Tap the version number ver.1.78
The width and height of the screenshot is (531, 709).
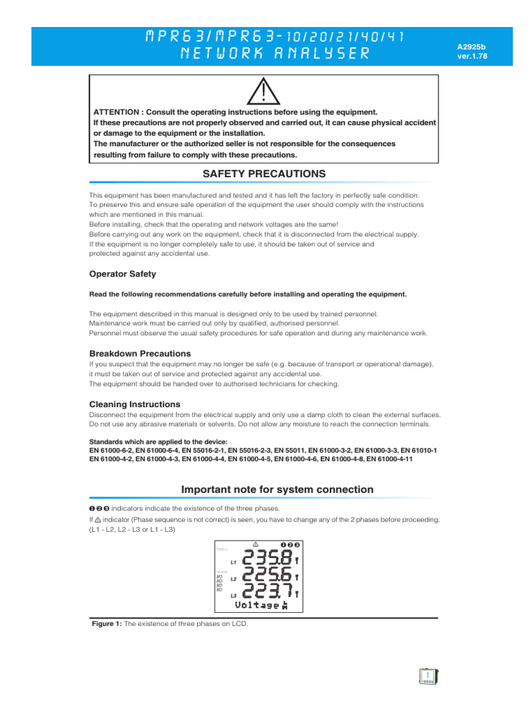point(472,57)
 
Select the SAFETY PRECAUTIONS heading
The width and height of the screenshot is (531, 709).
point(264,173)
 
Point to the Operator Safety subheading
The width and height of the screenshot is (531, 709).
point(122,273)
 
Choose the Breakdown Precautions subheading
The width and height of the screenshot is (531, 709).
point(140,353)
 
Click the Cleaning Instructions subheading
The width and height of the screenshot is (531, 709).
point(135,404)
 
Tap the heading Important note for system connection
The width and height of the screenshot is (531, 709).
point(277,490)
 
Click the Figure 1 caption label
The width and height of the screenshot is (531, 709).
point(107,624)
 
